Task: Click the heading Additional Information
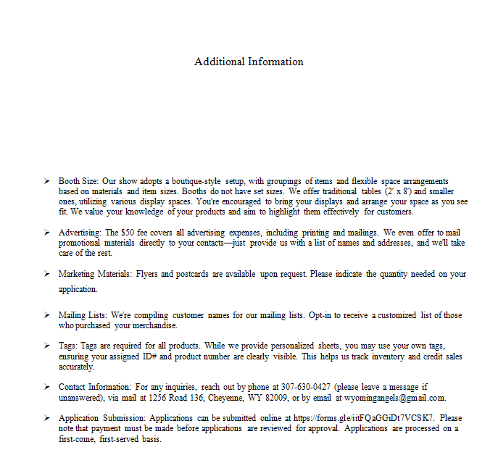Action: point(249,62)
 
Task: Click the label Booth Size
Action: point(79,180)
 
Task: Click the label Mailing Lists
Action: point(83,315)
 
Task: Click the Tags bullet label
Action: point(68,346)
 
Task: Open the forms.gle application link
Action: point(363,418)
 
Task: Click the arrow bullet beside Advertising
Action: point(46,233)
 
